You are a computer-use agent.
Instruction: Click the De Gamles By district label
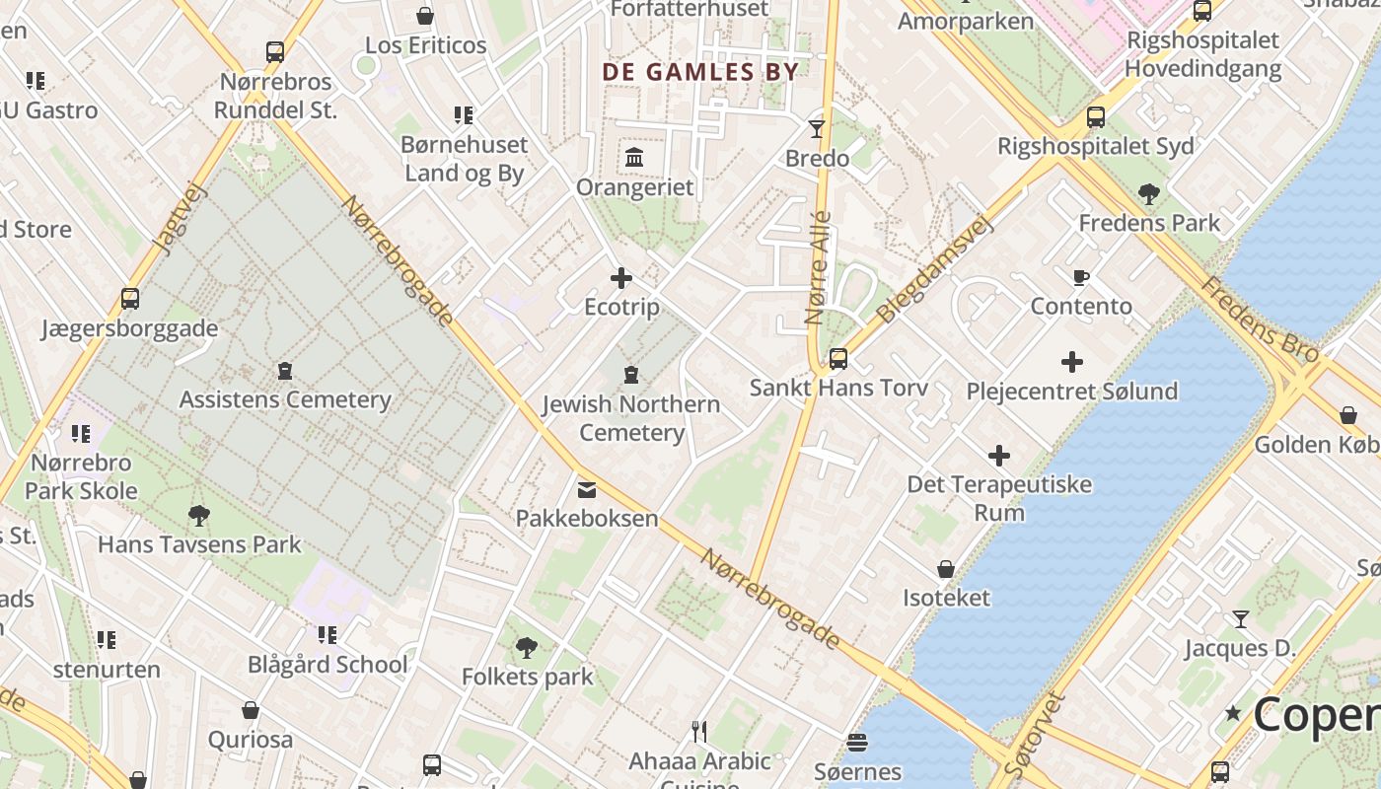click(x=700, y=72)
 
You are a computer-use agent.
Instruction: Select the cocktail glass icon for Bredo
click(x=817, y=128)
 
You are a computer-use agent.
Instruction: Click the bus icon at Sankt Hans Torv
click(x=838, y=358)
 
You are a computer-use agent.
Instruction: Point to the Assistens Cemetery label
click(x=285, y=399)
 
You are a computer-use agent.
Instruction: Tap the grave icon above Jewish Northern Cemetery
click(x=631, y=375)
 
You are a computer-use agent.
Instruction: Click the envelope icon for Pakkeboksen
click(x=587, y=489)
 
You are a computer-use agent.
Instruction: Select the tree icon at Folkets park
click(x=527, y=648)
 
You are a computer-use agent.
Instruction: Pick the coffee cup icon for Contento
click(x=1081, y=277)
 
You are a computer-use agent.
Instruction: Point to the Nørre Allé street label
click(x=818, y=268)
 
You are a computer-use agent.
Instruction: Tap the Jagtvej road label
click(x=178, y=219)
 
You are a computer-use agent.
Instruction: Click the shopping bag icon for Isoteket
click(x=946, y=569)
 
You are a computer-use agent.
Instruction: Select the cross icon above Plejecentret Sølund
click(x=1072, y=362)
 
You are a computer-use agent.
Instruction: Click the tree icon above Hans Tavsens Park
click(x=199, y=515)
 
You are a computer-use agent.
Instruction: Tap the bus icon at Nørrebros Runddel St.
click(x=275, y=52)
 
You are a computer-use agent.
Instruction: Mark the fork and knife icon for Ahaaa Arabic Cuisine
click(x=699, y=731)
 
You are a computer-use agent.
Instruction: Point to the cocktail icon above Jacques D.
click(x=1241, y=619)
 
